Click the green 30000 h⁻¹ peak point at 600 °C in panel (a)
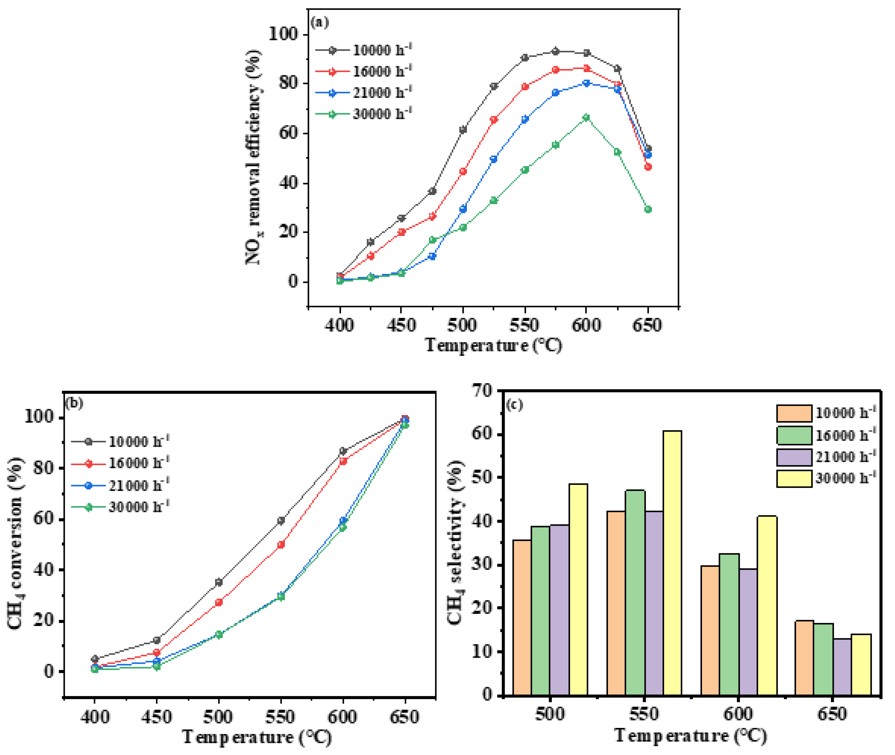pos(586,118)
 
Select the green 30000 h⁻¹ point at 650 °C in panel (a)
pos(648,209)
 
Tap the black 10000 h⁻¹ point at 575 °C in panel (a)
pos(555,51)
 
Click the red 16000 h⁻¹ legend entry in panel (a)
pos(364,71)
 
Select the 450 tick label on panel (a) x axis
pos(401,325)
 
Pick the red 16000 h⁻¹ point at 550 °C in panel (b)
pos(281,544)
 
